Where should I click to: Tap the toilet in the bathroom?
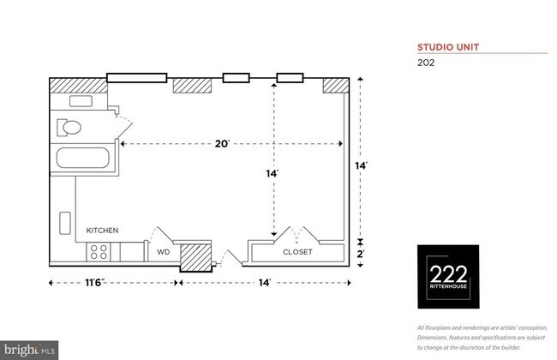point(68,129)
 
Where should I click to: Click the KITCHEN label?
point(102,231)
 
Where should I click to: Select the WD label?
point(163,253)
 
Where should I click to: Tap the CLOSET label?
point(297,253)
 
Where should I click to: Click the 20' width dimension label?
point(223,144)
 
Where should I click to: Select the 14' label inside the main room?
point(273,174)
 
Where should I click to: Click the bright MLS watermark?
point(30,350)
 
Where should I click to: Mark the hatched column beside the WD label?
point(195,255)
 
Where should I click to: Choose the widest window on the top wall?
point(136,78)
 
